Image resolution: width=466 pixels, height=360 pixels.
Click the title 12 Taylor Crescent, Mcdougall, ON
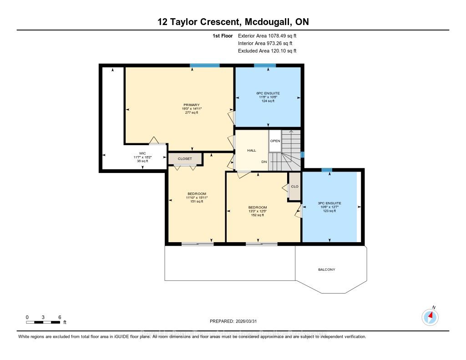pos(233,22)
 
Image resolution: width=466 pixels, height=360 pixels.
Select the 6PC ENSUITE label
pos(268,93)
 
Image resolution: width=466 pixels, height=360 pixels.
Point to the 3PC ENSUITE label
pos(329,203)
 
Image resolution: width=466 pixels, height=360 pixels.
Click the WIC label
pos(142,153)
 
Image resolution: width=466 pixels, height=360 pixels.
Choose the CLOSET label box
pos(185,159)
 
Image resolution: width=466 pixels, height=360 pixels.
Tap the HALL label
pos(252,150)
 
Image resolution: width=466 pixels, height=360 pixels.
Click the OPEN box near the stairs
pos(275,141)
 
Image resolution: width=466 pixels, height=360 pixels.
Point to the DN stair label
pos(264,162)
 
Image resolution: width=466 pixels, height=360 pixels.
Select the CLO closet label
pos(294,186)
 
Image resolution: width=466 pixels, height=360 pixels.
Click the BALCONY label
pos(326,269)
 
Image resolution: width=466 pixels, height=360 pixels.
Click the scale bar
pos(43,322)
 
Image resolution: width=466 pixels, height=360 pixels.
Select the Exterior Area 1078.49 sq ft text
pos(268,35)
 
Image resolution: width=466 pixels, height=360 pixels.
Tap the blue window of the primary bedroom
pos(205,66)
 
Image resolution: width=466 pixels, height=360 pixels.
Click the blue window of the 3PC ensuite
pos(327,170)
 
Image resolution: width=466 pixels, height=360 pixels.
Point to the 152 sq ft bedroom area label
pos(257,215)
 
